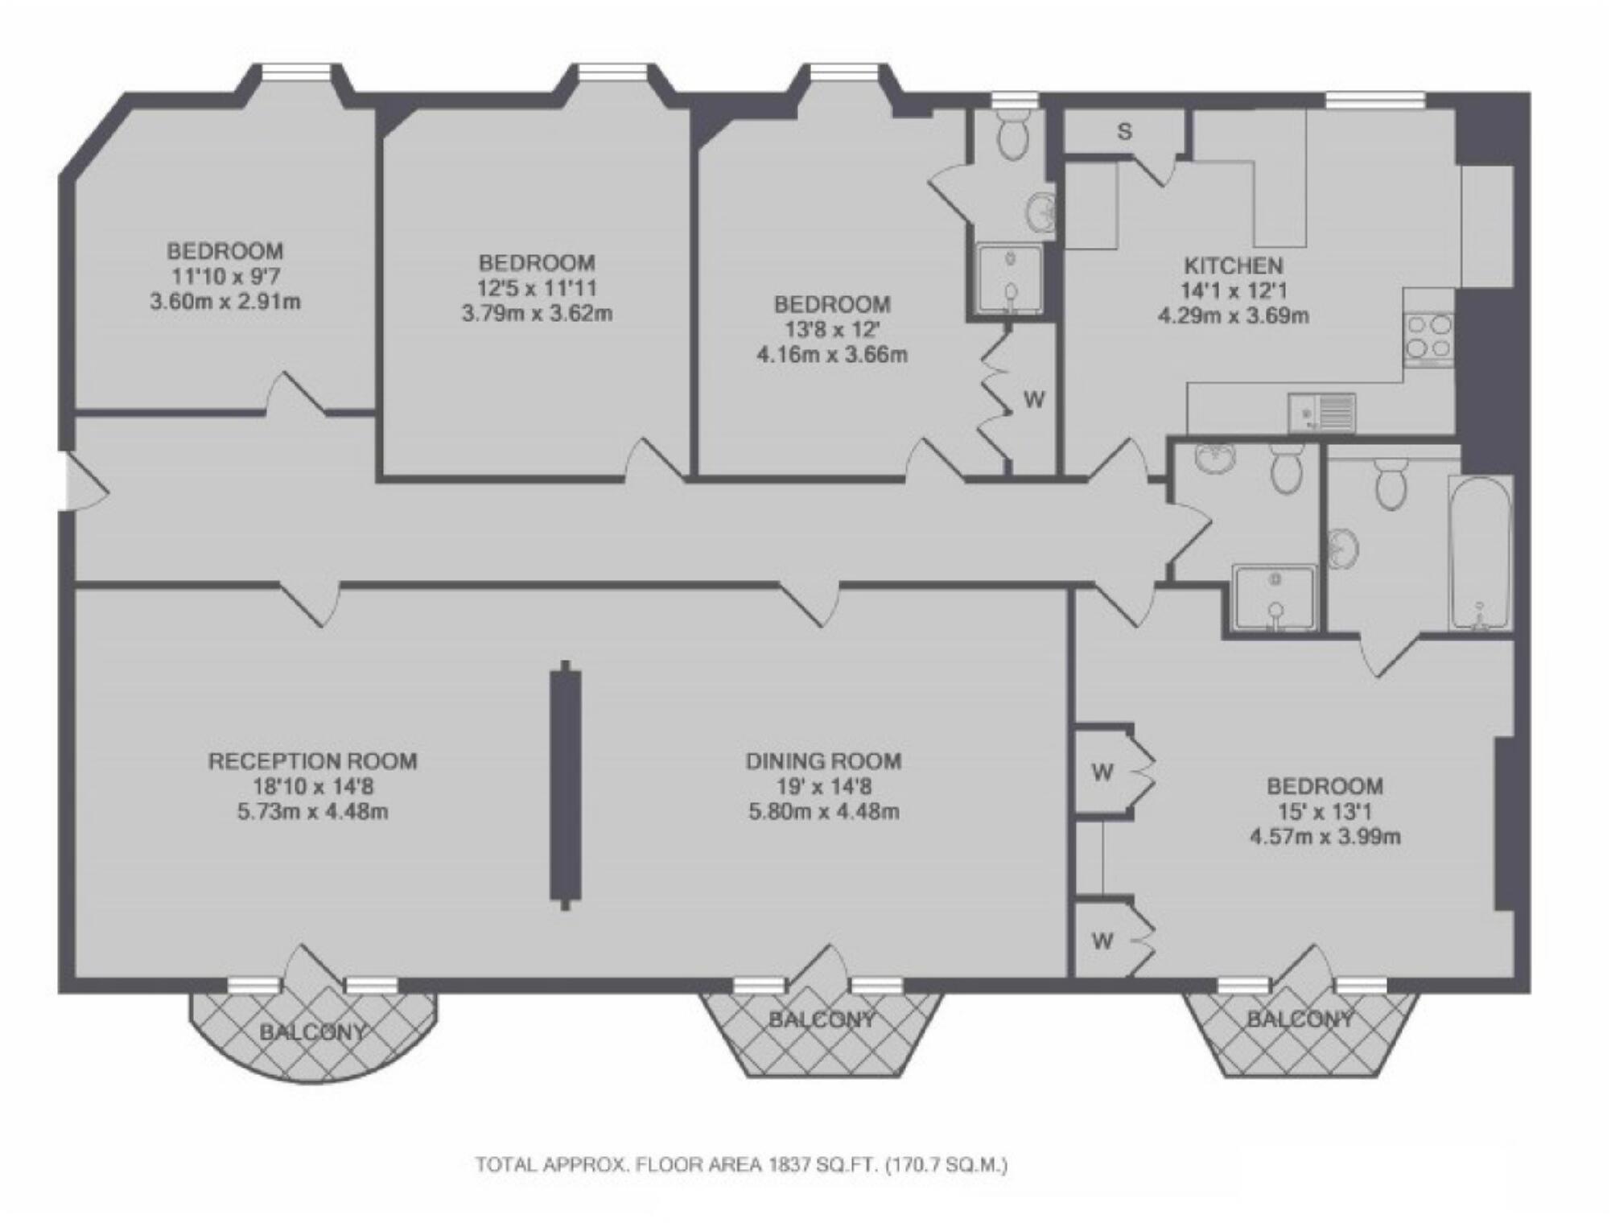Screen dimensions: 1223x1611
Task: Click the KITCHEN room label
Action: coord(1233,266)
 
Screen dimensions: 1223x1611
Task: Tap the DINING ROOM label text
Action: coord(823,761)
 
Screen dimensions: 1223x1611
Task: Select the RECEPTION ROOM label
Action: coord(313,761)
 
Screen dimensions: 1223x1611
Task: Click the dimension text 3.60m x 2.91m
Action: coord(225,303)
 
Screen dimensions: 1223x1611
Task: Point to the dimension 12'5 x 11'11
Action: coord(537,288)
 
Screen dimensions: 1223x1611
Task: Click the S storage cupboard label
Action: coord(1124,132)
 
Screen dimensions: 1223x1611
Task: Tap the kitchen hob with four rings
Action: coord(1428,337)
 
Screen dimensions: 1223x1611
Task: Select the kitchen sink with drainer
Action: coord(1321,414)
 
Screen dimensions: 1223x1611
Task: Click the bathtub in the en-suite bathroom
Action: coord(1480,553)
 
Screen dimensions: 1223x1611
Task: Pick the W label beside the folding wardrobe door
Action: coord(1034,399)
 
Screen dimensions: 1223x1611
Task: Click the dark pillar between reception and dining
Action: coord(565,785)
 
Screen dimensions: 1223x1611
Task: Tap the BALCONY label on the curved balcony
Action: coord(313,1032)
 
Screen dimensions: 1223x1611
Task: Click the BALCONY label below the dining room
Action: coord(821,1020)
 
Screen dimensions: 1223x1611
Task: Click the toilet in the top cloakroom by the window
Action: coord(1012,136)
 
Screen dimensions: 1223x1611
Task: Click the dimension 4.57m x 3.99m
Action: coord(1325,837)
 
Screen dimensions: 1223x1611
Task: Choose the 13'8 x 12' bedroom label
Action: coord(832,330)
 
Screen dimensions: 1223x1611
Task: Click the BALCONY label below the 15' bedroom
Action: coord(1300,1020)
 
